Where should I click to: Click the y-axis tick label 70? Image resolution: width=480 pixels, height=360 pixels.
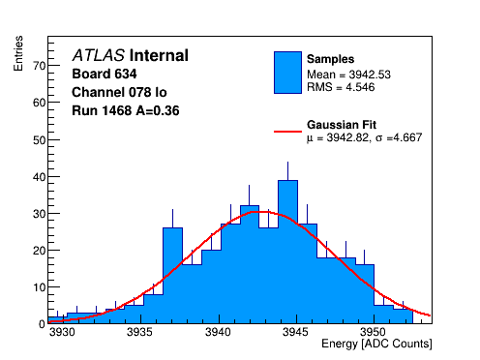click(x=40, y=66)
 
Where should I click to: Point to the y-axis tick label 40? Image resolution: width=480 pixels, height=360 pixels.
click(x=40, y=177)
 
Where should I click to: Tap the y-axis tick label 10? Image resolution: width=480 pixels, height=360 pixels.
click(x=40, y=287)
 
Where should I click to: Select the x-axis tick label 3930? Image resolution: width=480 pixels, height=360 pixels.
click(x=63, y=332)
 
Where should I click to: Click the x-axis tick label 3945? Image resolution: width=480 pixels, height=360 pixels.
click(x=296, y=332)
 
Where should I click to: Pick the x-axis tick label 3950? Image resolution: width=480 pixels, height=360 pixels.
click(x=374, y=332)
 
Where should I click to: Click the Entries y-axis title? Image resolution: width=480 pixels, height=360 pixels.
click(x=18, y=53)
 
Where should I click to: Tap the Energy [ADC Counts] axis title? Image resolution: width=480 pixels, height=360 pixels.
click(x=376, y=344)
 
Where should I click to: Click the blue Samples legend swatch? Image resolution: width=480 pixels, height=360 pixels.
click(x=287, y=73)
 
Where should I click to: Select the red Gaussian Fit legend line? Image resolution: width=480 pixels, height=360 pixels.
click(x=287, y=132)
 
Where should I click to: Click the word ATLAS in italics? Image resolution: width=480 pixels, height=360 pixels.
click(x=99, y=55)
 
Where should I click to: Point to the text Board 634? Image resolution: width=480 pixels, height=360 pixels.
click(x=105, y=74)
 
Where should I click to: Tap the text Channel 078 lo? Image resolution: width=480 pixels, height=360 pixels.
click(x=119, y=92)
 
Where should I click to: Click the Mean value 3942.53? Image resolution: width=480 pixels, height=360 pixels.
click(x=370, y=75)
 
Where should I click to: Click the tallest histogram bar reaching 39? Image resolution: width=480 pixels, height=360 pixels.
click(x=287, y=252)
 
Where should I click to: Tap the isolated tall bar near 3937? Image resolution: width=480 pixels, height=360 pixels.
click(x=172, y=276)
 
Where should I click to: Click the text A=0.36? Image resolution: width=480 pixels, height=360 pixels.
click(x=158, y=110)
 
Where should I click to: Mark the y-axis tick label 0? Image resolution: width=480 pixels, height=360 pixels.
click(x=43, y=324)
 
